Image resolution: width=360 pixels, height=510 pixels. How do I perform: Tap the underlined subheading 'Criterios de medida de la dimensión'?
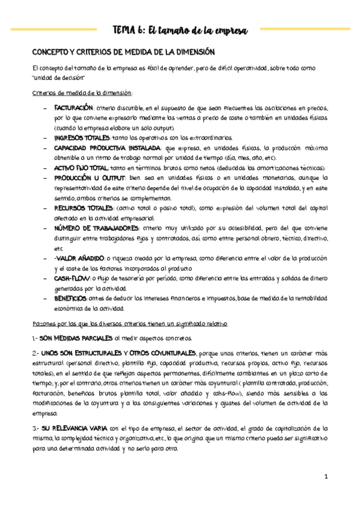[82, 93]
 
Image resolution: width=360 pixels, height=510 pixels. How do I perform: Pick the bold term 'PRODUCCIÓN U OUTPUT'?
[89, 178]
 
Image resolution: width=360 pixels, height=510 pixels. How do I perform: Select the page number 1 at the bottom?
[325, 477]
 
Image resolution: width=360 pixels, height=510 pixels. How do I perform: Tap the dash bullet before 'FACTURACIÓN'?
[46, 107]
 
